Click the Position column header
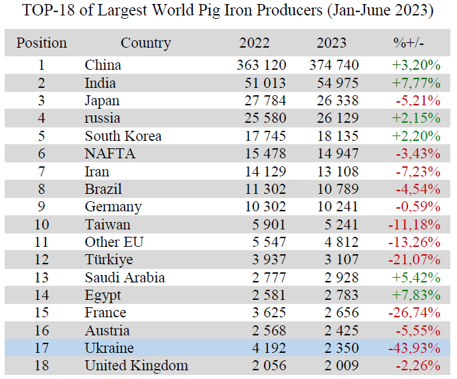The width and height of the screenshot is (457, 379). (x=42, y=44)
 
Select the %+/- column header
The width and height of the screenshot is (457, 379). (x=408, y=44)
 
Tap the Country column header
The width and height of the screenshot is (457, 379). (x=145, y=44)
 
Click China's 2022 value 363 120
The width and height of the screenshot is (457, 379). (x=261, y=65)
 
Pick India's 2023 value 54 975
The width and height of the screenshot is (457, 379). (x=334, y=83)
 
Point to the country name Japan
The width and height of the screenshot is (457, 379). (x=102, y=101)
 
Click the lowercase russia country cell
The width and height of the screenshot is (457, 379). (x=103, y=118)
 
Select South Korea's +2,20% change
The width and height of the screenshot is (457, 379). (x=415, y=136)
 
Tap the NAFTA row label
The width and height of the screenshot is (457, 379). (x=110, y=154)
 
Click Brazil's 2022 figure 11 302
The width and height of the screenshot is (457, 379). (x=263, y=189)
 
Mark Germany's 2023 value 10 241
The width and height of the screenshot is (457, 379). (x=335, y=207)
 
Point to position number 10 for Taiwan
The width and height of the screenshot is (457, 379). (x=42, y=225)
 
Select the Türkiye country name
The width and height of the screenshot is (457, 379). (x=109, y=260)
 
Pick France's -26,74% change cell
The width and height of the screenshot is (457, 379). (x=414, y=313)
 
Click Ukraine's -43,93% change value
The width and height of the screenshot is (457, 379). (x=414, y=348)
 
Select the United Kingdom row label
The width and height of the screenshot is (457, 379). (x=136, y=366)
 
